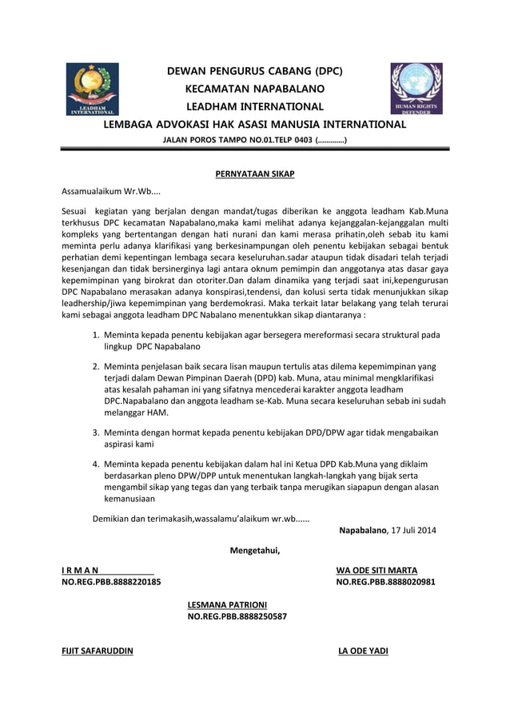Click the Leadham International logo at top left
point(92,89)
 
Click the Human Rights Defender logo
point(416,89)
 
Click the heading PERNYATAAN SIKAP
point(255,173)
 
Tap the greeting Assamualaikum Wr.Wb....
point(111,193)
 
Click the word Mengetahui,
point(255,550)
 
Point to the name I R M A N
point(80,571)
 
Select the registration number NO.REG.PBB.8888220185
point(111,583)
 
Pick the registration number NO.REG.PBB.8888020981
point(385,583)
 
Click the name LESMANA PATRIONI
point(227,604)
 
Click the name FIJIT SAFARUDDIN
point(98,651)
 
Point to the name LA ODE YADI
point(363,651)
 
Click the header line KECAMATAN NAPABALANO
point(254,89)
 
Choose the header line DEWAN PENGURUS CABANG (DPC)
point(254,71)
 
